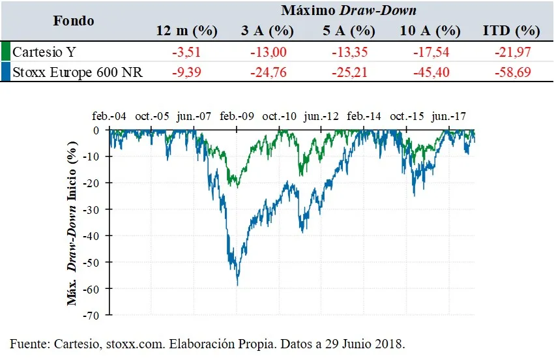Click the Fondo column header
74,20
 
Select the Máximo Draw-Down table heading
348,10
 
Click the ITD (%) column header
512,31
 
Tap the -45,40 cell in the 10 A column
431,72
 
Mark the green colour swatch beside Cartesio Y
5,52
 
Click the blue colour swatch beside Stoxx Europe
5,72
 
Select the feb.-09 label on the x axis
236,117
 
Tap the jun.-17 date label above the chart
450,117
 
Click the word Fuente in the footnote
29,343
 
